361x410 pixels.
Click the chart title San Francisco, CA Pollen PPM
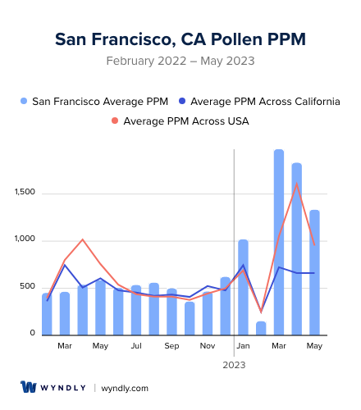click(x=180, y=39)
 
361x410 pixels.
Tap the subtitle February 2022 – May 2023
click(x=180, y=61)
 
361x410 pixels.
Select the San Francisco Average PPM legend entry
click(x=95, y=102)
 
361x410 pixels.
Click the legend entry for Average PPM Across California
click(x=259, y=102)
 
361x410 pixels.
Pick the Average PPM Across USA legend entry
click(x=180, y=121)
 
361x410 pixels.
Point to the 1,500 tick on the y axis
click(x=25, y=193)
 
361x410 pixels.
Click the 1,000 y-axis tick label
click(x=25, y=239)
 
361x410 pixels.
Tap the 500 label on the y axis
click(x=28, y=286)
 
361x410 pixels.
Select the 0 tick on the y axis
click(x=33, y=333)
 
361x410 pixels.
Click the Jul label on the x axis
click(x=136, y=346)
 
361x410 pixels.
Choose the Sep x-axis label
click(x=171, y=346)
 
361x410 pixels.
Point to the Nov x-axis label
click(x=208, y=346)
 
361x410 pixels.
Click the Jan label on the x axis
click(x=243, y=346)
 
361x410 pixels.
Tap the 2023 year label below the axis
click(x=234, y=364)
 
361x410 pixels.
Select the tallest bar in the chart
click(x=279, y=242)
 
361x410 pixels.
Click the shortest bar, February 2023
click(x=261, y=328)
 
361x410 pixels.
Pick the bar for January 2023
click(x=243, y=287)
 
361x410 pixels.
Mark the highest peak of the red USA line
click(x=296, y=184)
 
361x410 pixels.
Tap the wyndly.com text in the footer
click(x=125, y=388)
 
